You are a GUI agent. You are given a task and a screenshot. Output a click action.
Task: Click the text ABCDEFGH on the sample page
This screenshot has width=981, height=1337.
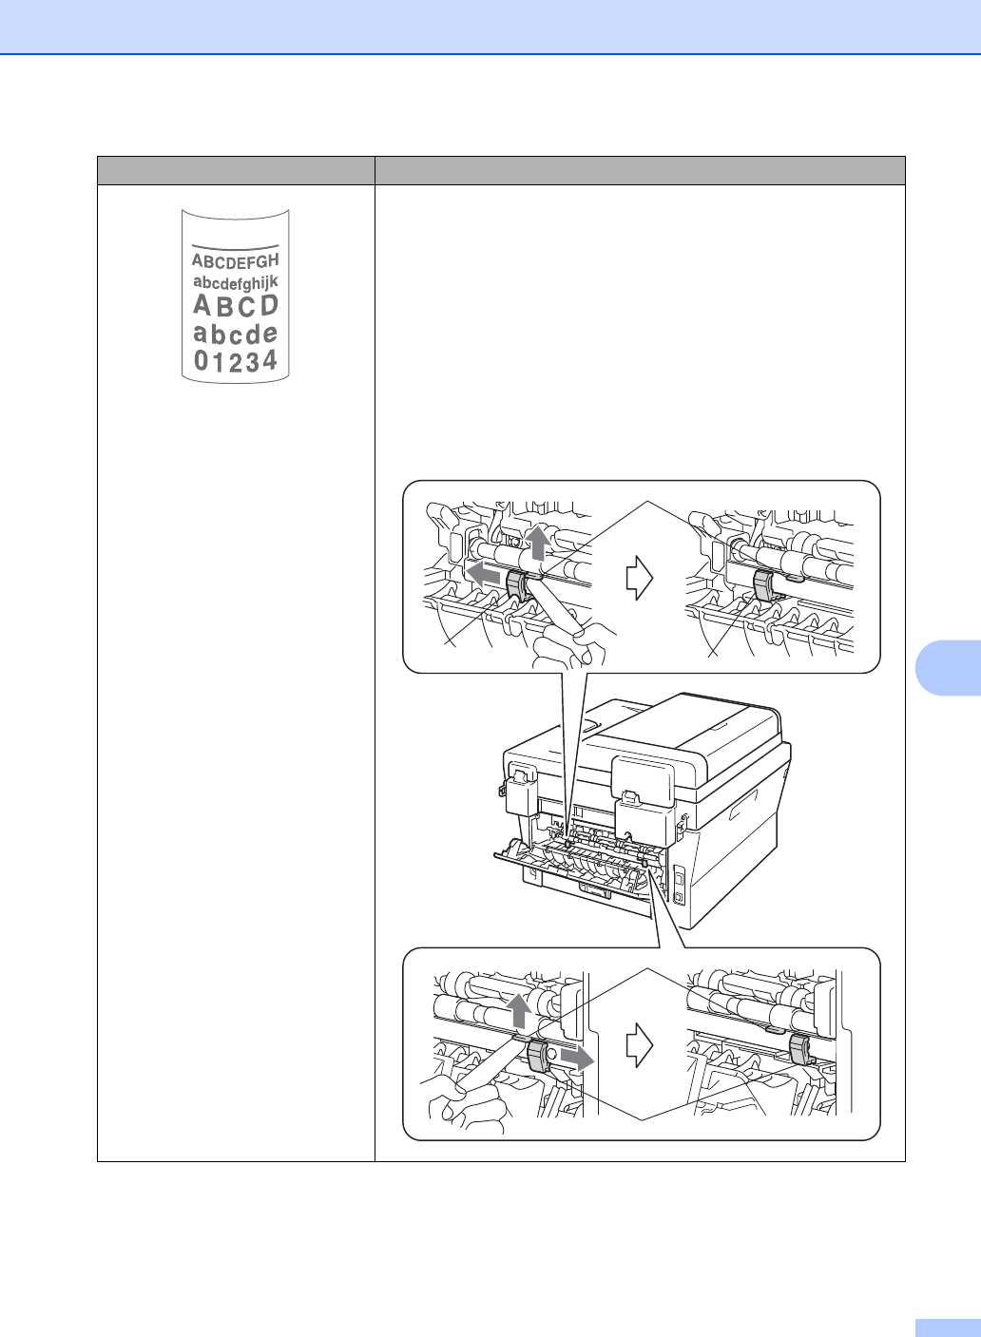click(235, 260)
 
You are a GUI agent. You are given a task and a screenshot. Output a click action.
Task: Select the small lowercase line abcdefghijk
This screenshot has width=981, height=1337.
click(235, 283)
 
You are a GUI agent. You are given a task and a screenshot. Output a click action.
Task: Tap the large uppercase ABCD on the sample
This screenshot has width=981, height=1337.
click(236, 306)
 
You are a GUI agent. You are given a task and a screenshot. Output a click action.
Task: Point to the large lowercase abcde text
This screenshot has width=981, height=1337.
click(235, 334)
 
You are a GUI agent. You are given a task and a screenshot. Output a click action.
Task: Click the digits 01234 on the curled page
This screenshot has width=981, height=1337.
click(236, 361)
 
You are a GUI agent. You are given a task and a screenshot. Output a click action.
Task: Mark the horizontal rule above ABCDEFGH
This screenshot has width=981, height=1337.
click(235, 245)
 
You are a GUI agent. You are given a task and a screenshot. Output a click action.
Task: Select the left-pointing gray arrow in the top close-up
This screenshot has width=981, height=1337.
click(484, 574)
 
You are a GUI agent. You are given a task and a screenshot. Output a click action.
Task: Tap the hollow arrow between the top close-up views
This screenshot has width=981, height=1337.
click(640, 577)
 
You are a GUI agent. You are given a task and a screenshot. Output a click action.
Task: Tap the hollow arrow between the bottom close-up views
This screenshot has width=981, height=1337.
click(640, 1045)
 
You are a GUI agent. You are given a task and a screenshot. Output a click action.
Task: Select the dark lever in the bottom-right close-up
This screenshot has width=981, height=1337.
click(798, 1049)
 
